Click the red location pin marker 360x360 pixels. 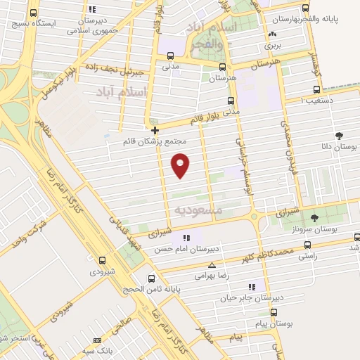coord(181,165)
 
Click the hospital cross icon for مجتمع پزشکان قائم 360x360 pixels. coord(155,130)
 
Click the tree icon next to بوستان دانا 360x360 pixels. coord(340,135)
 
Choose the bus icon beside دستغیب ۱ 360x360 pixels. coord(317,90)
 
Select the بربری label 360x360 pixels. coord(273,46)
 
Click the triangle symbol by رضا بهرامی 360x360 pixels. coord(212,265)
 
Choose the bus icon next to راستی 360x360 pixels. coord(307,245)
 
